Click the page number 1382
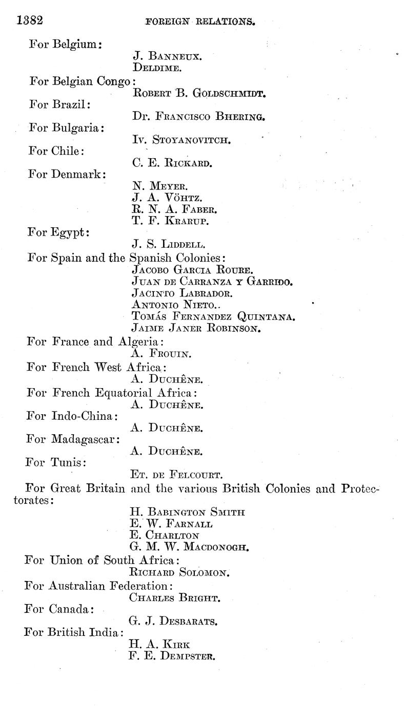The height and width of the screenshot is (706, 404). [x=29, y=20]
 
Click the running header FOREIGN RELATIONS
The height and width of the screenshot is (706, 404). [x=200, y=22]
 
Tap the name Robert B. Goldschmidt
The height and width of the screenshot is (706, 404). [x=198, y=93]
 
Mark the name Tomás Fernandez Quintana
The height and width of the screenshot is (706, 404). [x=213, y=317]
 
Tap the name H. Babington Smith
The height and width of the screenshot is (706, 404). [x=188, y=511]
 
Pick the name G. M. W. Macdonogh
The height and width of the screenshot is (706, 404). [x=190, y=547]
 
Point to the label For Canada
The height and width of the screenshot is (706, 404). [x=58, y=609]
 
